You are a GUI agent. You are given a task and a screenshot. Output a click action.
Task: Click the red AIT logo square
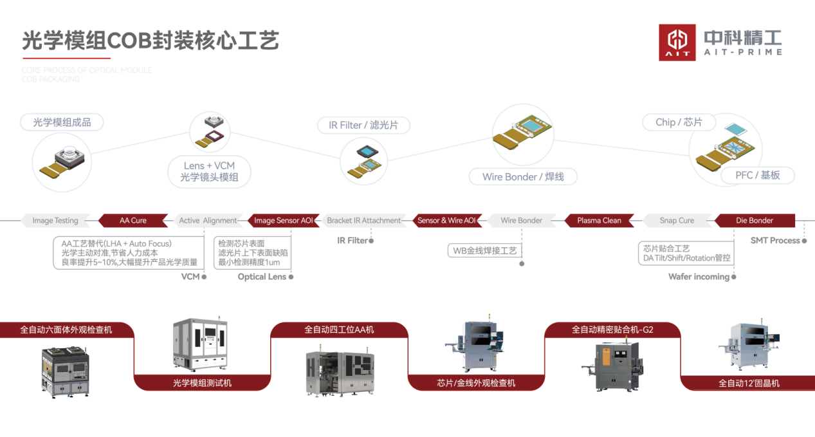[x=677, y=42]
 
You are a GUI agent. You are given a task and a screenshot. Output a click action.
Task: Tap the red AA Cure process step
[x=133, y=221]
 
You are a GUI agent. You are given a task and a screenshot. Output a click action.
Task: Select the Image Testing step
[x=55, y=221]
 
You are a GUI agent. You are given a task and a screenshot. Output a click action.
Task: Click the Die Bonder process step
[x=755, y=221]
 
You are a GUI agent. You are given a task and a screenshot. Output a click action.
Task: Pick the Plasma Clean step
[x=599, y=221]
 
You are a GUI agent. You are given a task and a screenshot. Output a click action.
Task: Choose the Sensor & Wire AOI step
[x=446, y=221]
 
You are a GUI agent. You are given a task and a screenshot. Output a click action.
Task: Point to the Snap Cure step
[x=677, y=221]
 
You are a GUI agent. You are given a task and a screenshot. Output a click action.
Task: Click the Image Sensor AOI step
[x=284, y=221]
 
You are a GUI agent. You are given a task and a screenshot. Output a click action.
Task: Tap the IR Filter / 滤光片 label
[x=363, y=125]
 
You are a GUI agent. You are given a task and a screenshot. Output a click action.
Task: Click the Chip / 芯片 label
[x=679, y=122]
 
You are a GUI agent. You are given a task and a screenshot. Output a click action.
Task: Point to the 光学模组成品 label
[x=62, y=122]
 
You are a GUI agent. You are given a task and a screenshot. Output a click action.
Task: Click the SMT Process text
[x=775, y=241]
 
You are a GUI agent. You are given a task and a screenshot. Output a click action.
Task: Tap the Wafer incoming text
[x=699, y=277]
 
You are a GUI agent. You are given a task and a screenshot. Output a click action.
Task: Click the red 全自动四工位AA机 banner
[x=339, y=330]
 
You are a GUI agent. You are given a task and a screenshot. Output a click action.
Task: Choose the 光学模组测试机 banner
[x=202, y=383]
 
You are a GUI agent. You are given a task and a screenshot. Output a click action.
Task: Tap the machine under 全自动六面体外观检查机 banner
[x=66, y=371]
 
